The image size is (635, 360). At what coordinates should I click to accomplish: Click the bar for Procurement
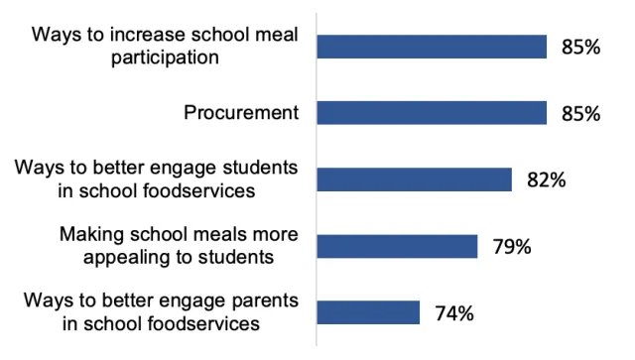tap(432, 112)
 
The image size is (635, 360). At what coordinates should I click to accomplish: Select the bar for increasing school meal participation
tap(432, 46)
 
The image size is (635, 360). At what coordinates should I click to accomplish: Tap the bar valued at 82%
tap(414, 180)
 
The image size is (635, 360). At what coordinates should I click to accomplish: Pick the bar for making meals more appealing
tap(397, 246)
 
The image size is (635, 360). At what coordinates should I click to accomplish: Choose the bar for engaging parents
tap(368, 313)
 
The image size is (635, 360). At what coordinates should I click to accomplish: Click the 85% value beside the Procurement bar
tap(579, 113)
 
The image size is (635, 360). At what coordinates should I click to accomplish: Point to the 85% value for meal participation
tap(579, 47)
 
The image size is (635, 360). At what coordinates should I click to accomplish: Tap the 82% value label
tap(545, 180)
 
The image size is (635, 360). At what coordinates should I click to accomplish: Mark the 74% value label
tap(453, 313)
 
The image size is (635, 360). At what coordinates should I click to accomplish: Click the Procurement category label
tap(241, 112)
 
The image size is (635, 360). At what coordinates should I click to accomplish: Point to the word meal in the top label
tap(278, 36)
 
